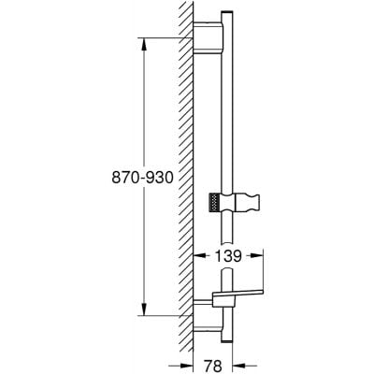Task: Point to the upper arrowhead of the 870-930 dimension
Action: point(143,41)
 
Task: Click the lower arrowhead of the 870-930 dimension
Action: point(143,312)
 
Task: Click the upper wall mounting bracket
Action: point(211,36)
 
